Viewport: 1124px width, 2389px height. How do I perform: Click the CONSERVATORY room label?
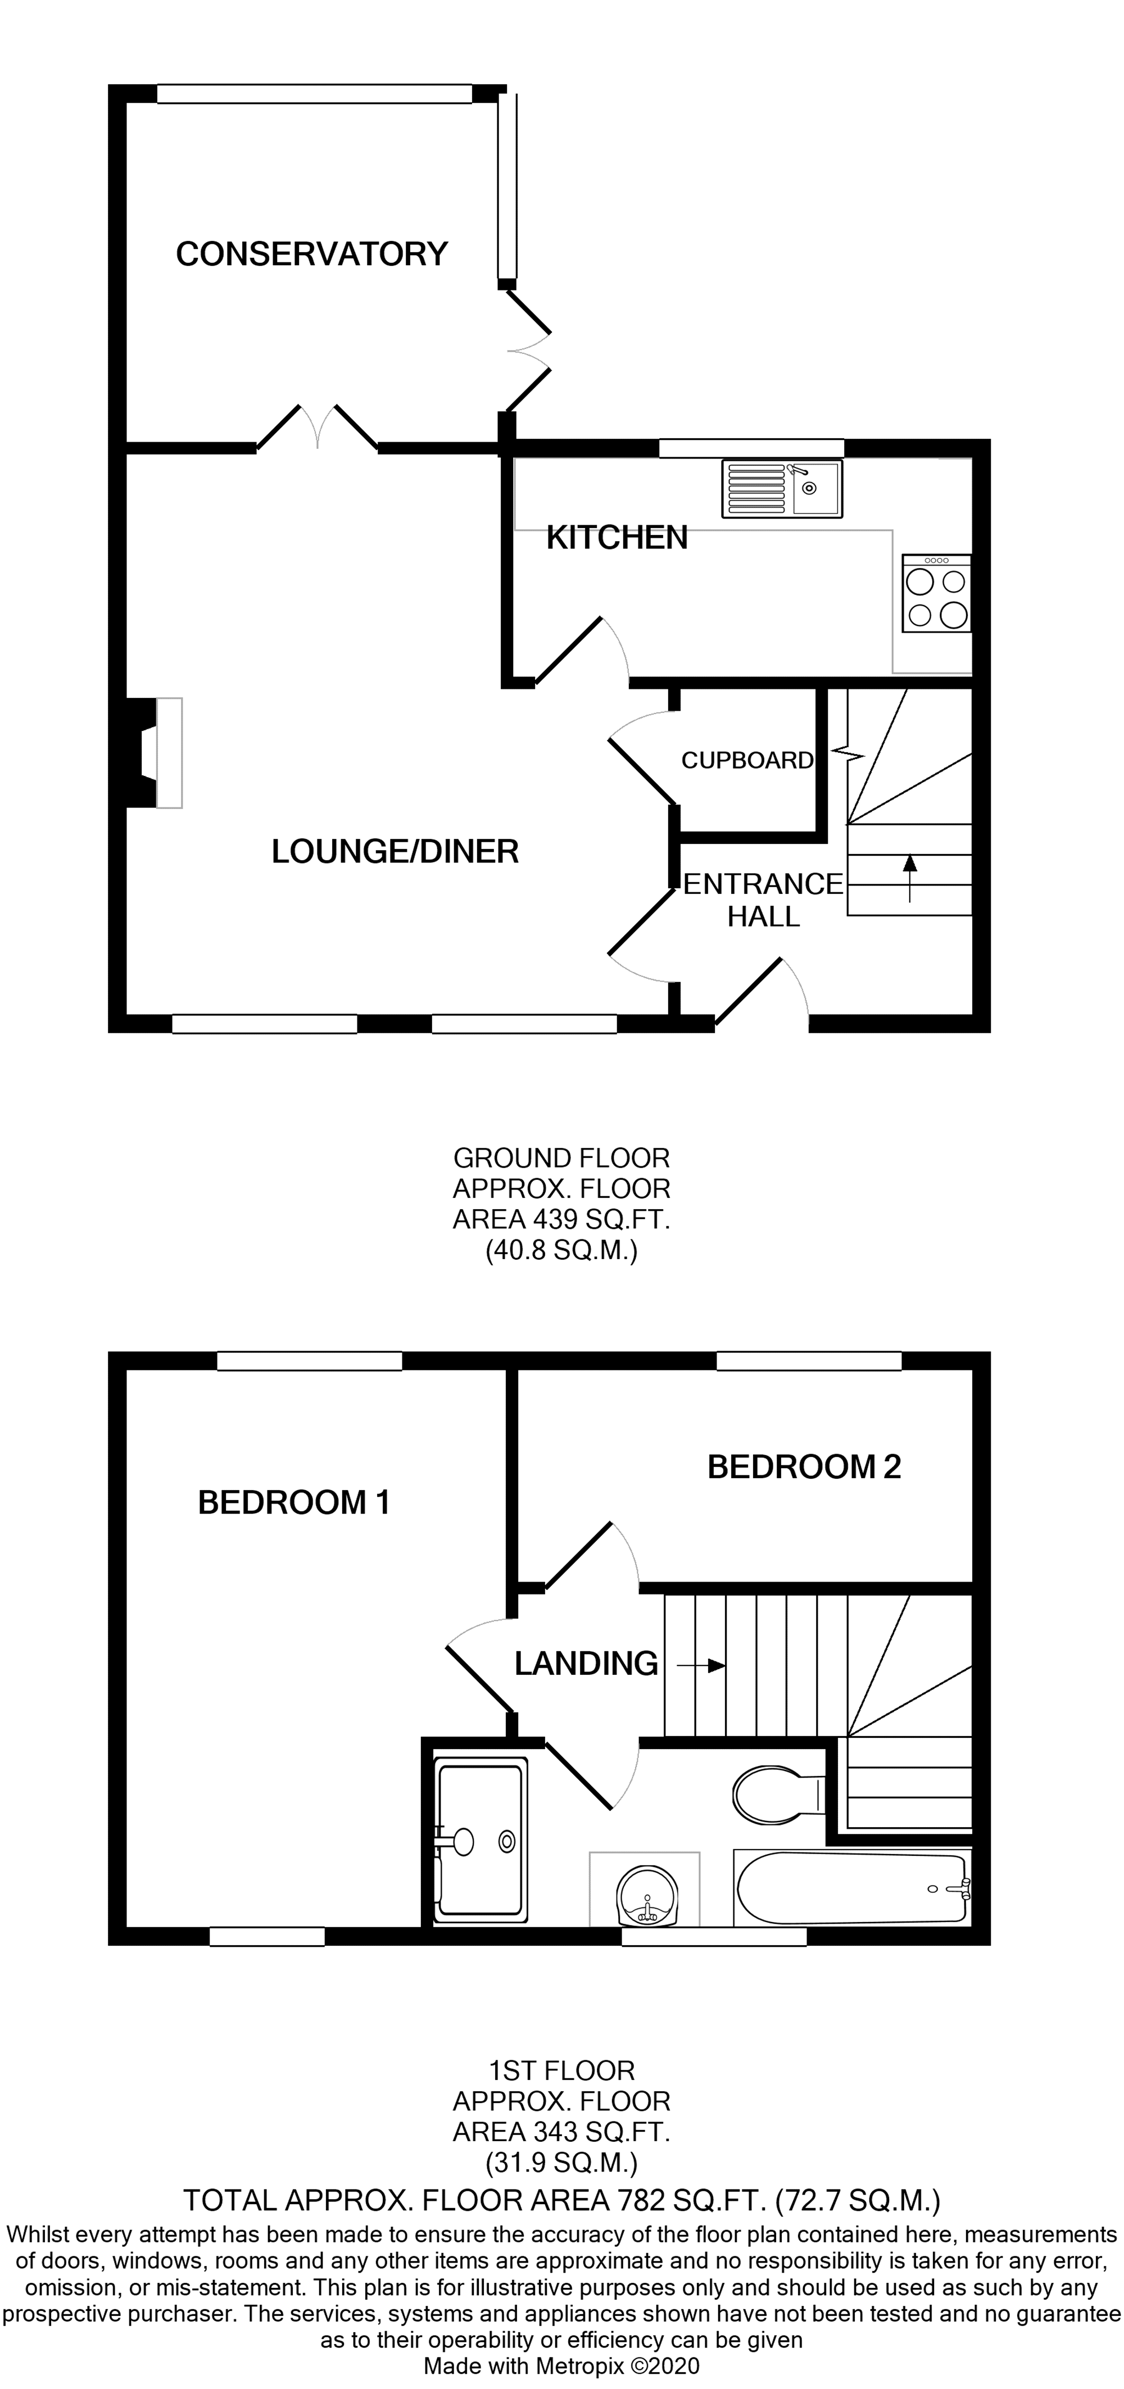pyautogui.click(x=311, y=254)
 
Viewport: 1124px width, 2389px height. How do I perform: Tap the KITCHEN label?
pyautogui.click(x=617, y=538)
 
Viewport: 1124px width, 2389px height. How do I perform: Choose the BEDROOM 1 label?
pyautogui.click(x=294, y=1502)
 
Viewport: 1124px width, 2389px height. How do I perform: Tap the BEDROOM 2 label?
pyautogui.click(x=804, y=1466)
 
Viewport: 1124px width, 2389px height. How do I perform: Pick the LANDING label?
pyautogui.click(x=586, y=1664)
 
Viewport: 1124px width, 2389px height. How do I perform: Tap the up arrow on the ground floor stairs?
pyautogui.click(x=910, y=877)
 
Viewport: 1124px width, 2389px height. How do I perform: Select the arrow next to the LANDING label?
pyautogui.click(x=701, y=1666)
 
